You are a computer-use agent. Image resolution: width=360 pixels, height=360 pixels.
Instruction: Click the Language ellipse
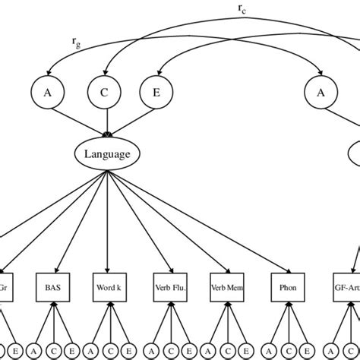click(x=107, y=154)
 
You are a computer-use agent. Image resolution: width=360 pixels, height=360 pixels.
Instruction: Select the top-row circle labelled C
click(x=106, y=94)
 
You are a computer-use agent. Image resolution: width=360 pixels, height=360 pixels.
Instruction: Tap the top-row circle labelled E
click(x=156, y=94)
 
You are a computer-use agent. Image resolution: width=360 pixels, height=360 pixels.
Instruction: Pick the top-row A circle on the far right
click(x=319, y=94)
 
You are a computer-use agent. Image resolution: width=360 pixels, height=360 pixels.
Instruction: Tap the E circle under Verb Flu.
click(x=188, y=351)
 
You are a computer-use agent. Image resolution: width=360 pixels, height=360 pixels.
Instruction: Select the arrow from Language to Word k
click(x=108, y=220)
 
